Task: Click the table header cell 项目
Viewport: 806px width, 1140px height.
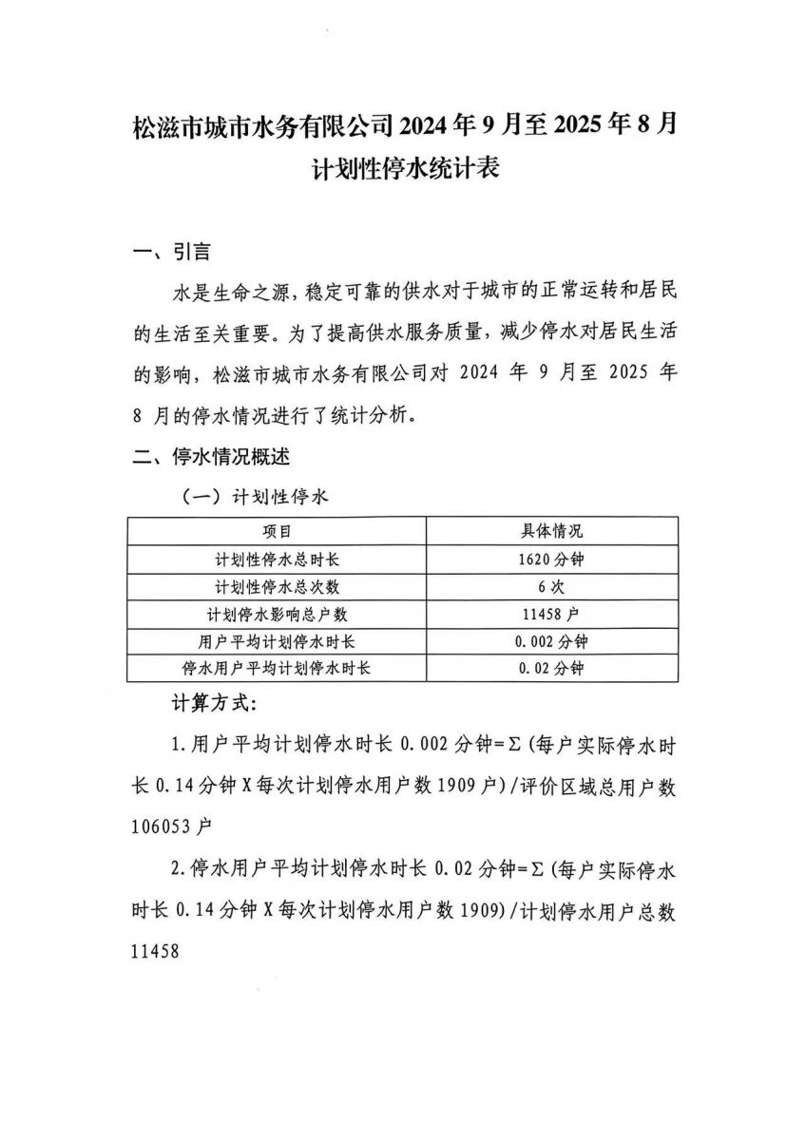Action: click(x=277, y=531)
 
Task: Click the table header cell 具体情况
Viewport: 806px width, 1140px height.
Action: click(x=551, y=531)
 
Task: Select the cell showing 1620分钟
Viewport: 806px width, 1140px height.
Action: click(x=551, y=559)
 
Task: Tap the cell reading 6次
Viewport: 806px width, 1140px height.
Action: click(x=551, y=586)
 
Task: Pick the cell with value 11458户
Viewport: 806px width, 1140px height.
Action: click(x=551, y=614)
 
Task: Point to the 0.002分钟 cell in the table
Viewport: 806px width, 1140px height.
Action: click(x=551, y=641)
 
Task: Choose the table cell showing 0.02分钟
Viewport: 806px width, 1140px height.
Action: click(x=551, y=668)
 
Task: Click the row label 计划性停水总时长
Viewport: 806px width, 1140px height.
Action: click(x=277, y=559)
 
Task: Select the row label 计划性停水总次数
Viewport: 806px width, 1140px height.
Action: click(x=277, y=586)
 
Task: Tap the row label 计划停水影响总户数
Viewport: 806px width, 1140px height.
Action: click(x=277, y=614)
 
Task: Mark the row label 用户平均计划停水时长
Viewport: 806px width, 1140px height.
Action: click(x=277, y=641)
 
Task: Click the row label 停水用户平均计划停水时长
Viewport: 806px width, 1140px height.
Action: click(x=277, y=668)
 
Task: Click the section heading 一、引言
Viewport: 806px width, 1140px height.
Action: click(x=172, y=253)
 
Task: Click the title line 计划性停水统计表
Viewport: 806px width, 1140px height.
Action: click(x=404, y=170)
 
